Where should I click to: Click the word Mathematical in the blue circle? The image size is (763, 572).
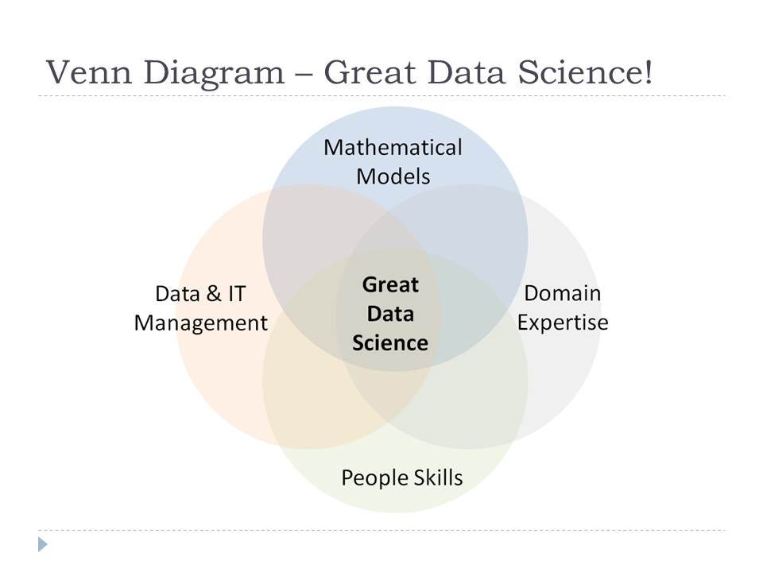coord(393,148)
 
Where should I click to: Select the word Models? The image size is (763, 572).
coord(393,176)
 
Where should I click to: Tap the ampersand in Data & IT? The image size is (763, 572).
coord(213,294)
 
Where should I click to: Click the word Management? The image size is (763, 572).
coord(201,323)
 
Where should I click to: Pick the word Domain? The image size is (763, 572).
coord(562,293)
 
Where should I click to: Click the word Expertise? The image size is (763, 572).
coord(562,323)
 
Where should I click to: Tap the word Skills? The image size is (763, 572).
coord(439,478)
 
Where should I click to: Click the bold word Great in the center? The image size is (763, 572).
coord(389,284)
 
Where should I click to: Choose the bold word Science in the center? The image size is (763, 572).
coord(389,343)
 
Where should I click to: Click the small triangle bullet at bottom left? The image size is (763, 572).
coord(43,544)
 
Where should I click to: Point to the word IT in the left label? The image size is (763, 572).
coord(236,294)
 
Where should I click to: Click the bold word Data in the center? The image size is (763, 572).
coord(389,314)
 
